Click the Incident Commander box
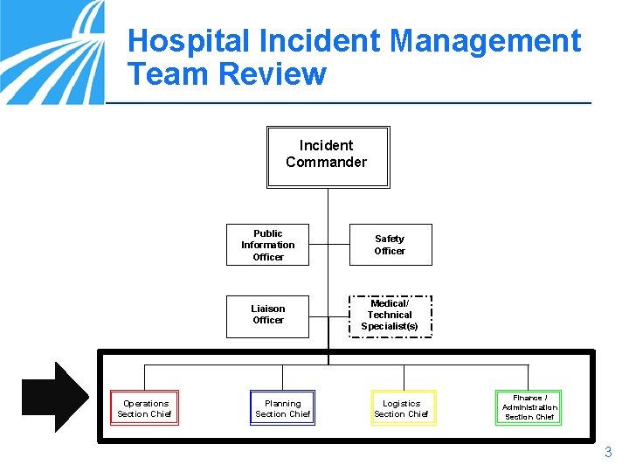pos(327,156)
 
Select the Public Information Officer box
pos(268,245)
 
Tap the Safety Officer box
pos(390,245)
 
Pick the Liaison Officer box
pos(268,315)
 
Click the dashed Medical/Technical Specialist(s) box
pos(390,315)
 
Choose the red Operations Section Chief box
pos(145,408)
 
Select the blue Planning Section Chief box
pos(282,408)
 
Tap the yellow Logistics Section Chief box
pos(401,408)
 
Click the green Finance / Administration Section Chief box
pos(529,407)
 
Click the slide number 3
pos(608,453)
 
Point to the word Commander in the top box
pos(327,162)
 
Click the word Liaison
pos(268,309)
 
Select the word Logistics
pos(402,404)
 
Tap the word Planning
pos(283,404)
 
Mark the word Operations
pos(146,404)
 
